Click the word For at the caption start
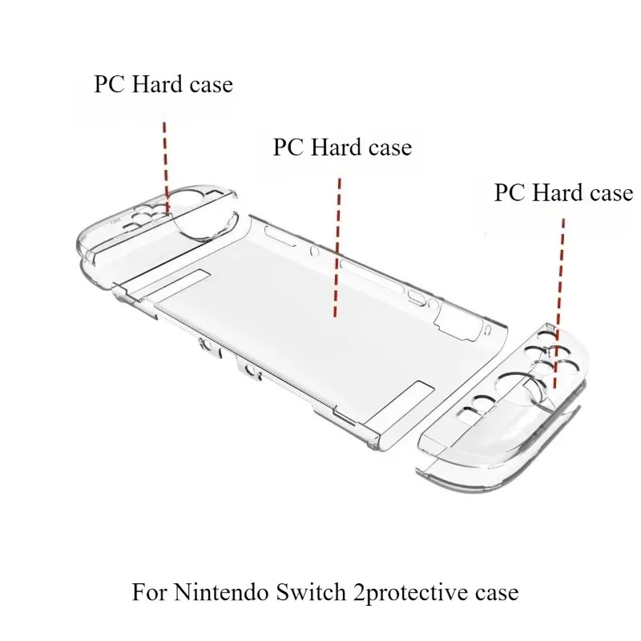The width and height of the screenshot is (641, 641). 149,592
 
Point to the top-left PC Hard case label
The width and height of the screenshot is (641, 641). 163,84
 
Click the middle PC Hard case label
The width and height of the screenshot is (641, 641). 342,147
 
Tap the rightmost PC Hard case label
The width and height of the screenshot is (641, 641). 564,192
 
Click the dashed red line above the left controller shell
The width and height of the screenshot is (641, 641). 166,167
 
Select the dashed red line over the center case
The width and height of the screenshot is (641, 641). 337,248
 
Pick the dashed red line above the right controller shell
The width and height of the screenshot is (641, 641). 558,304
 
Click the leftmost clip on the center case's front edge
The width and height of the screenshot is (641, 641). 209,348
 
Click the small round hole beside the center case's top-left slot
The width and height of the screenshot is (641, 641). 314,251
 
